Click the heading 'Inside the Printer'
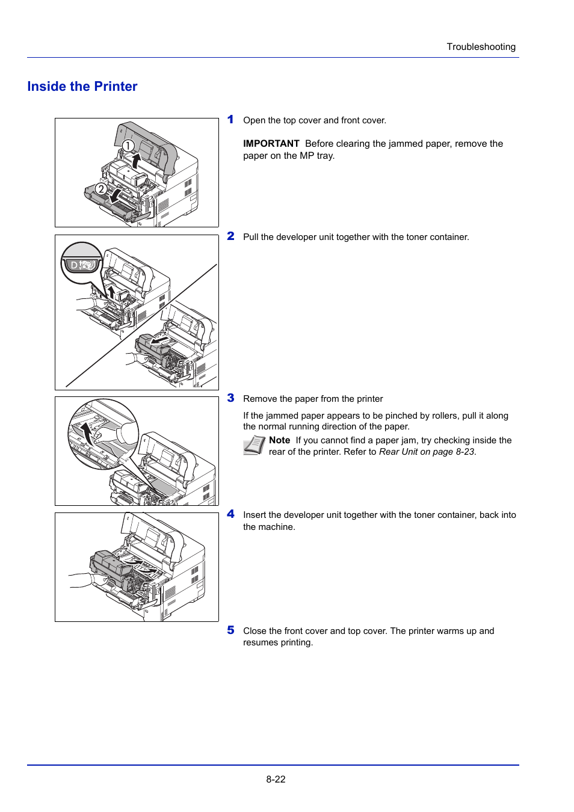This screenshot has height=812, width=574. pos(82,87)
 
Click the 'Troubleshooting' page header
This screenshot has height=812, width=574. pos(481,47)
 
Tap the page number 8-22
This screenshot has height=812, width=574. pos(276,779)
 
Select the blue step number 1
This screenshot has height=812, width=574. pos(230,120)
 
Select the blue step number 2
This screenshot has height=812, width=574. pos(230,236)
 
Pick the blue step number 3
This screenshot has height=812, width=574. pos(230,398)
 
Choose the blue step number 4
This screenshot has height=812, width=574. pos(230,514)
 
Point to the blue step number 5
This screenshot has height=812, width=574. pos(230,630)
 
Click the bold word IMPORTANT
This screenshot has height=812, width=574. pos(271,144)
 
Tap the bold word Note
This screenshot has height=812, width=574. pos(279,440)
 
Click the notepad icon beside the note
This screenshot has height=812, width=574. pos(254,445)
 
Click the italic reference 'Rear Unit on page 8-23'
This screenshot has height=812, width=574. pos(427,452)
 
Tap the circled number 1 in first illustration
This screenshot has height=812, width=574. pos(128,146)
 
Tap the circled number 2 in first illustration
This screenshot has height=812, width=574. pos(101,189)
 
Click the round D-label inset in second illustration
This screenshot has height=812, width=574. pos(82,263)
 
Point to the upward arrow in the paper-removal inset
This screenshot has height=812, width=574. pos(88,432)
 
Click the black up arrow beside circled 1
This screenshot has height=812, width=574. pos(137,161)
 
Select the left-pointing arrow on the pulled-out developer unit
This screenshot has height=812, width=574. pos(160,341)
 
